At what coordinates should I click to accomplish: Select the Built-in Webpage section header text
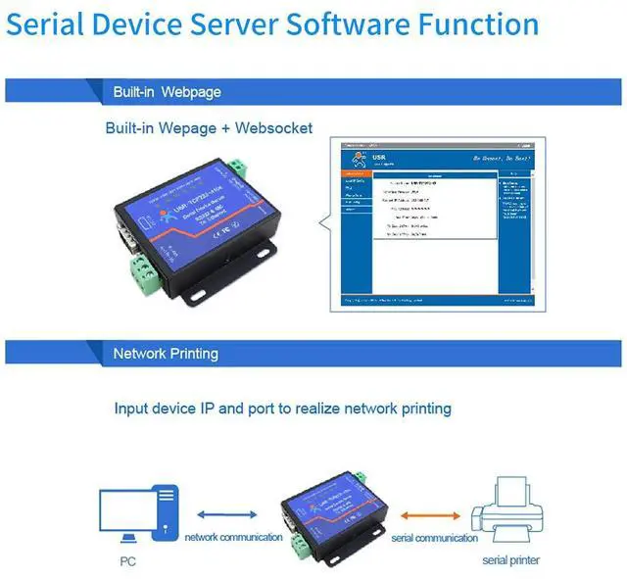[167, 92]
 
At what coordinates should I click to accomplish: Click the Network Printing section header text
[166, 353]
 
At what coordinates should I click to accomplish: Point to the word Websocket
[271, 127]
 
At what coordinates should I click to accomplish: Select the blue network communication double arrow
[227, 514]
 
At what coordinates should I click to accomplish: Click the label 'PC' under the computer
[128, 561]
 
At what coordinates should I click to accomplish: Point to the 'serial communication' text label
[434, 537]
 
